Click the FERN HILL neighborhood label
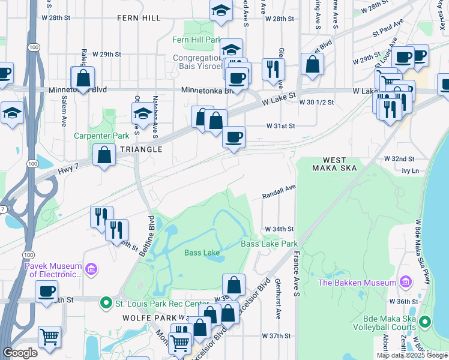[x=139, y=18]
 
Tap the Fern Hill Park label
[x=197, y=40]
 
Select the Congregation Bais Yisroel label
[x=197, y=62]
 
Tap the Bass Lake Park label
[x=270, y=244]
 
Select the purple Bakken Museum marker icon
[x=406, y=282]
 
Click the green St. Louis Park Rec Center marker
[x=106, y=303]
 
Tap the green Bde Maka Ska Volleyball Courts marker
[x=425, y=322]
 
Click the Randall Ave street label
[x=279, y=192]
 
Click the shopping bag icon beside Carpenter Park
[x=104, y=155]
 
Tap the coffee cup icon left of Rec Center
[x=46, y=292]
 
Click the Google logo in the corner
[x=20, y=353]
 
